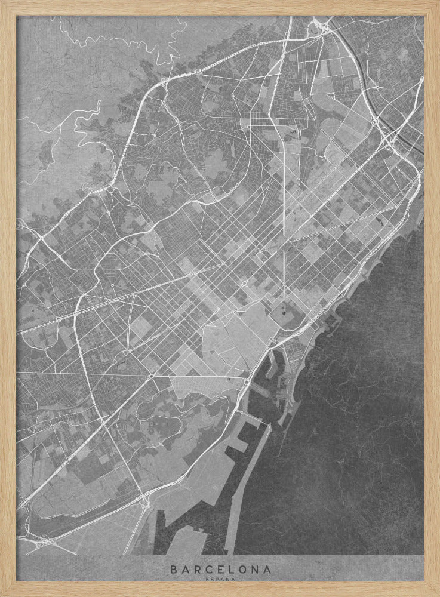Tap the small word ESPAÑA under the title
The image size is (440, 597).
tap(220, 578)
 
